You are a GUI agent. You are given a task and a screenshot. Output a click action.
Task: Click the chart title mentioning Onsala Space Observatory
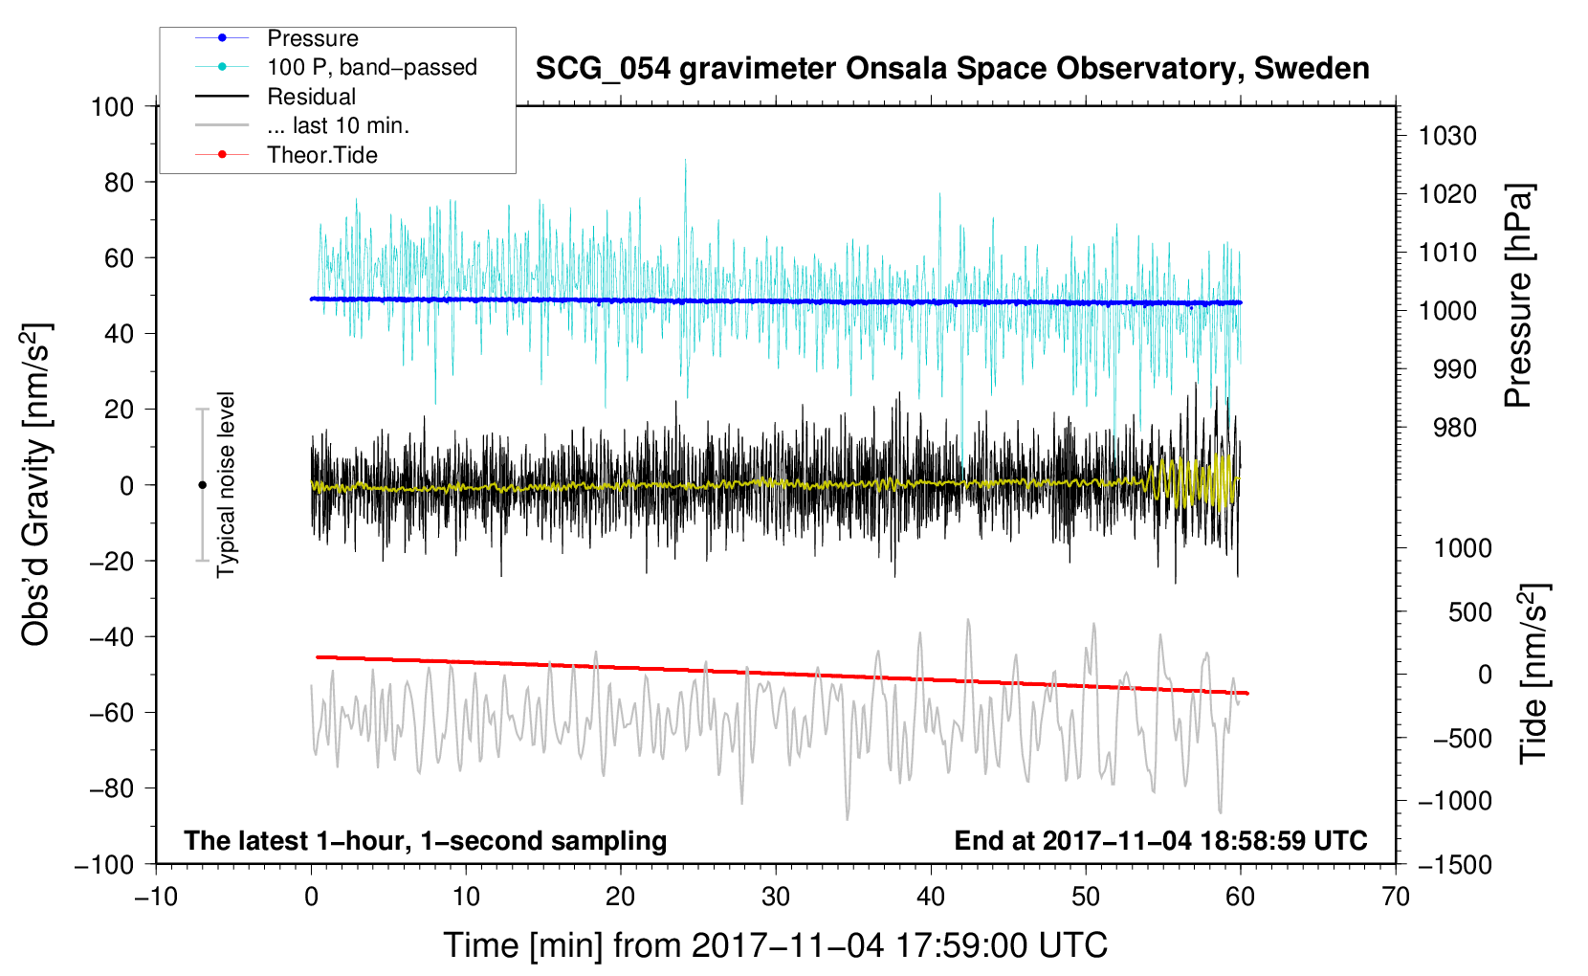pos(952,69)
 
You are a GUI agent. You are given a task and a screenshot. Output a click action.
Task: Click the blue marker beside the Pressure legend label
pos(222,37)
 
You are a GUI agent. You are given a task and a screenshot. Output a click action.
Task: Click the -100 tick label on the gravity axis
pos(104,865)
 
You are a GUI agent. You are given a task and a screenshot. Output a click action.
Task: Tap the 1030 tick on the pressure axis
pos(1447,136)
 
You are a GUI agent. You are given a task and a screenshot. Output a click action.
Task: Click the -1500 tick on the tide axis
pos(1455,865)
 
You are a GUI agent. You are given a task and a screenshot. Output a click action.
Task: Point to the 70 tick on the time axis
pos(1395,898)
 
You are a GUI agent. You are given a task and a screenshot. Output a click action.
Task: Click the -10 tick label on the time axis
pos(156,898)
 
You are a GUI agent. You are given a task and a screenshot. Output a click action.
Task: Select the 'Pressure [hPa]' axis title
pos(1518,297)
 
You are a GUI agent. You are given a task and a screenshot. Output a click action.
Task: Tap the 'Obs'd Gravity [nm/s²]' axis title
pos(35,485)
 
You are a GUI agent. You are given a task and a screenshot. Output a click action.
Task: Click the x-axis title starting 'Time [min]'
pos(776,945)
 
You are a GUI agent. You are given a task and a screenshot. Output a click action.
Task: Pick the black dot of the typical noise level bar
pos(202,485)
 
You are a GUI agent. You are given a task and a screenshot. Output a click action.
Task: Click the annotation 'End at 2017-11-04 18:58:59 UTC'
pos(1160,840)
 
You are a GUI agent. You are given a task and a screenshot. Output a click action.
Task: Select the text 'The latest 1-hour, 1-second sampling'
pos(426,840)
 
